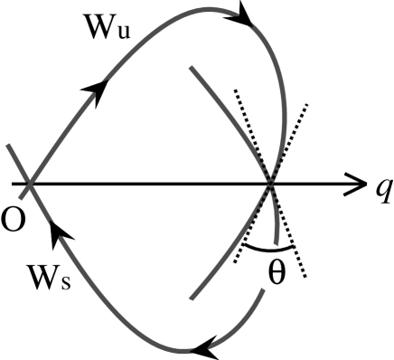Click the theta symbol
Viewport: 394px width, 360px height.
(x=277, y=272)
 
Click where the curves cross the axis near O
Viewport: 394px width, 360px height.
(x=29, y=185)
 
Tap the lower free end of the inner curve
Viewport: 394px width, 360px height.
(x=192, y=295)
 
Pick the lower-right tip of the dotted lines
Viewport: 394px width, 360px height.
(x=307, y=278)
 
